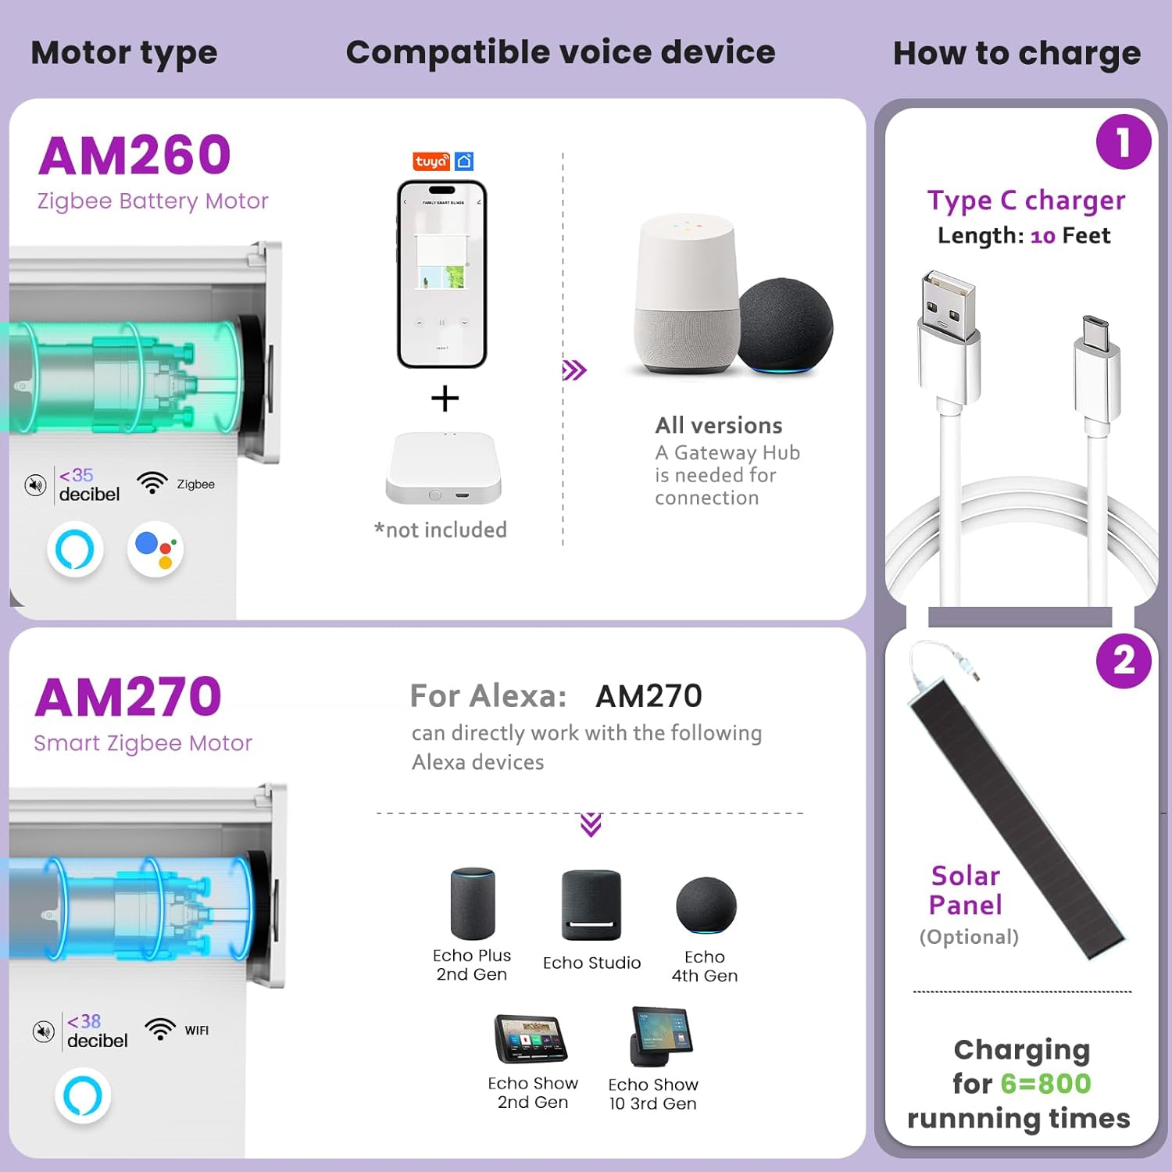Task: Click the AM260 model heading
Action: click(134, 155)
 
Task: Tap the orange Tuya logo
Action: click(431, 161)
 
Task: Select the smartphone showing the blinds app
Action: click(442, 274)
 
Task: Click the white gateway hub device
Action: click(443, 468)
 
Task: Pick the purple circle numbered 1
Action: click(1124, 142)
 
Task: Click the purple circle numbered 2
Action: click(1124, 661)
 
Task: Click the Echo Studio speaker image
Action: click(591, 905)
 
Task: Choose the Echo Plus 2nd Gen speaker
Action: click(473, 902)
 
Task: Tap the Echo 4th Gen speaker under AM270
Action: click(706, 905)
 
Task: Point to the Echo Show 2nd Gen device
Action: click(531, 1038)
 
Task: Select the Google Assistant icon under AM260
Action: click(155, 549)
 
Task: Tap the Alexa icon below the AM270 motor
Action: click(83, 1095)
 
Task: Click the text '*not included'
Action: click(441, 530)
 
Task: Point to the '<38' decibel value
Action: click(84, 1021)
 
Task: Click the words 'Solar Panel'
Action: click(966, 890)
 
